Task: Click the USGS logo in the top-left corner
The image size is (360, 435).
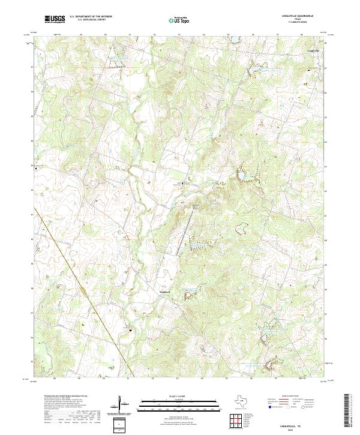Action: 55,19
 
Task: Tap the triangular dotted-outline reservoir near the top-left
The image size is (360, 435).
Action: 115,58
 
